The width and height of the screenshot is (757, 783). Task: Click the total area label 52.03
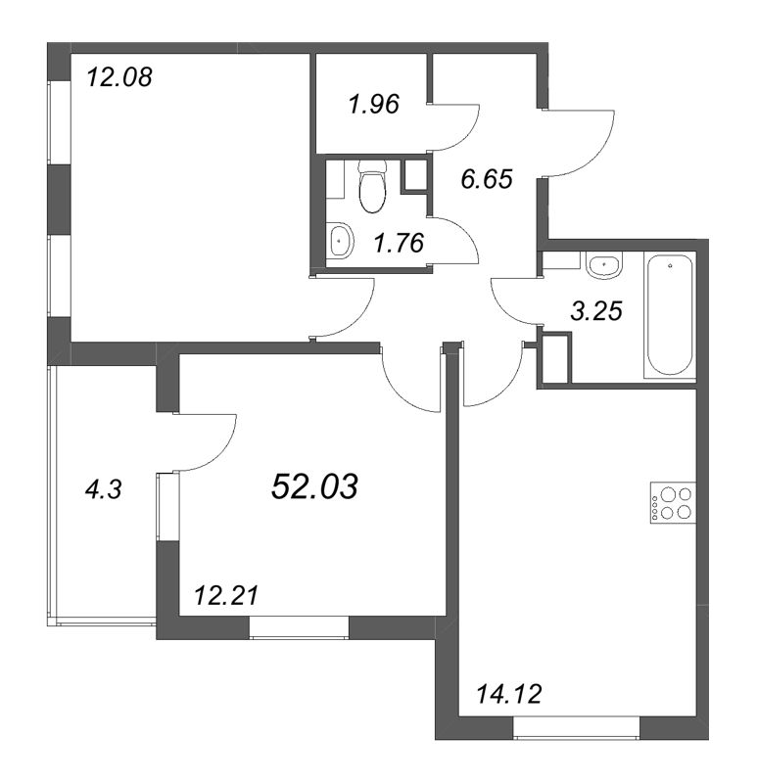click(x=314, y=486)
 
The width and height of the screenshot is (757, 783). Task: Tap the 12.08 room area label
click(x=118, y=78)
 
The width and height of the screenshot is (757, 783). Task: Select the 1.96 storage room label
click(x=374, y=105)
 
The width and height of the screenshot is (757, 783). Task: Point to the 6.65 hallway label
click(x=487, y=179)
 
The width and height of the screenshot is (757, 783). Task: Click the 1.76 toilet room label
click(x=399, y=243)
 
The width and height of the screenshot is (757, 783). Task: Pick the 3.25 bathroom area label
click(x=596, y=311)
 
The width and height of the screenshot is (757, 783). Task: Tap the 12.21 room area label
click(x=226, y=596)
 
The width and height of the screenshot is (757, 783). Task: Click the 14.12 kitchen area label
click(x=509, y=694)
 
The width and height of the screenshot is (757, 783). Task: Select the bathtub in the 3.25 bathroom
click(x=670, y=316)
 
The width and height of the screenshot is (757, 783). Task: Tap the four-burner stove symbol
click(x=673, y=502)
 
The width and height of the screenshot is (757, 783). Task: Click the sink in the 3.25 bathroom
click(x=604, y=265)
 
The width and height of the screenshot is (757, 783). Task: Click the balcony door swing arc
click(x=220, y=452)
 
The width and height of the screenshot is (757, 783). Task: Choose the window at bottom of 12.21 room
click(x=299, y=627)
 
